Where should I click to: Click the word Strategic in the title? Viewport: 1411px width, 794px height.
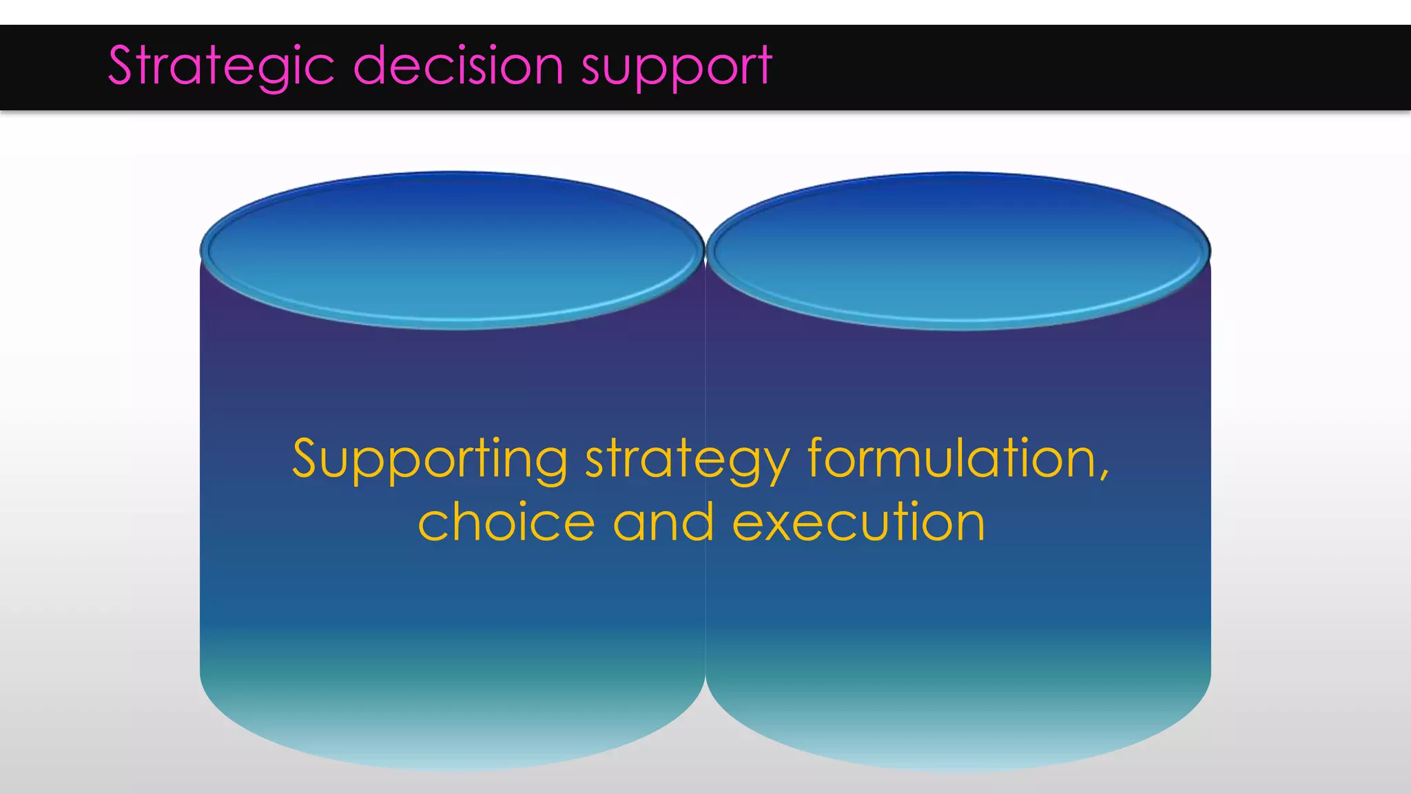[221, 66]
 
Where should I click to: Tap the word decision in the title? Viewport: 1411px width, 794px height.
[458, 66]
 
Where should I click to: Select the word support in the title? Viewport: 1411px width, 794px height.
[677, 68]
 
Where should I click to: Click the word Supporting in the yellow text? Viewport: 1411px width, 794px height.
[430, 460]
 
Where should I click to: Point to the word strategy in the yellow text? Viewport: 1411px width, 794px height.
[688, 460]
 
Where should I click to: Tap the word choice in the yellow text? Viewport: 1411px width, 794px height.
[506, 522]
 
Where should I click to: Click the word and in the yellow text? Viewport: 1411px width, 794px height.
[663, 522]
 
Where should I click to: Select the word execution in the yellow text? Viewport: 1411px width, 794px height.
[858, 522]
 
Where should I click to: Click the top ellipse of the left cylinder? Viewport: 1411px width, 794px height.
[452, 250]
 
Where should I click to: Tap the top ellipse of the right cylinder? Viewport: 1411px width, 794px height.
[958, 250]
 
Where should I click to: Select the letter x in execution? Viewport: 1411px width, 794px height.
[779, 525]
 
